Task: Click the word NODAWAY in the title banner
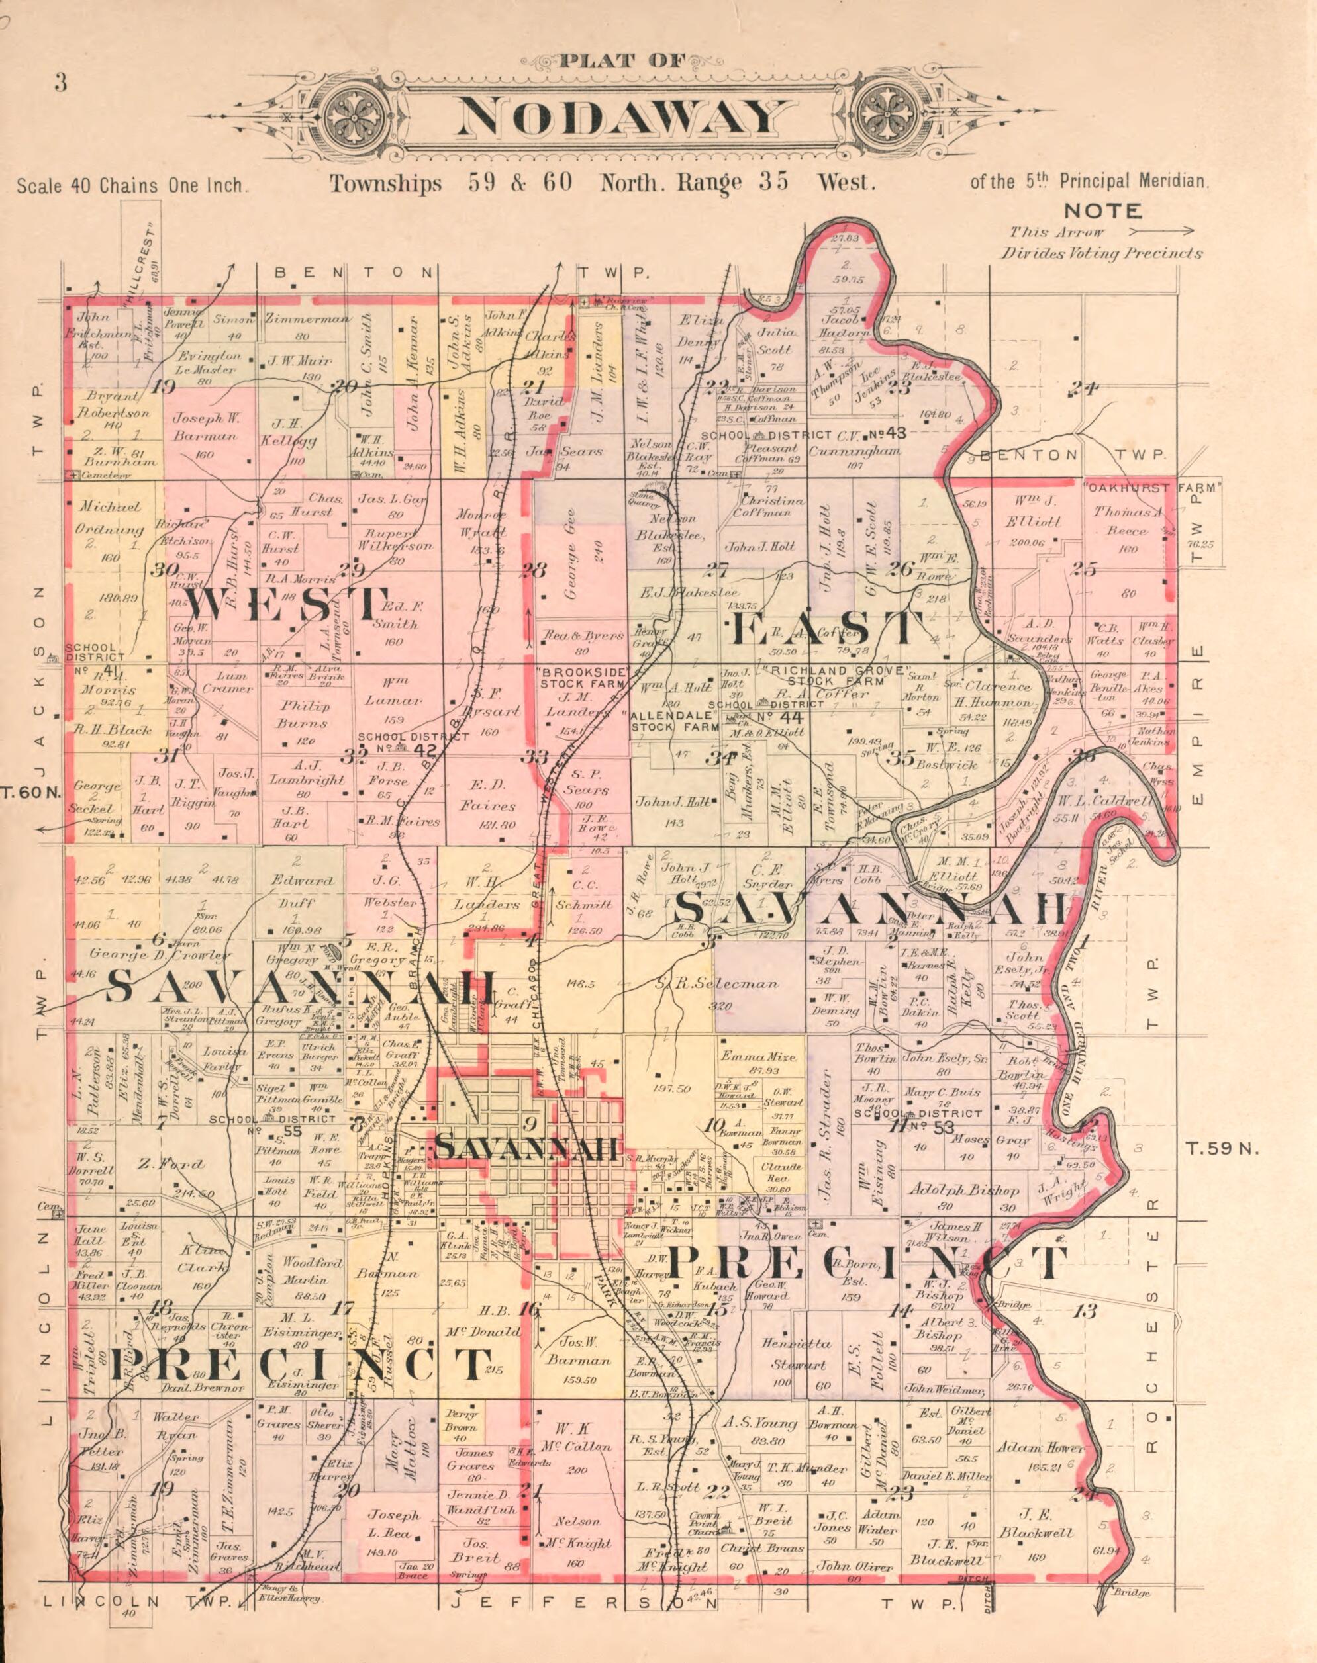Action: [x=617, y=118]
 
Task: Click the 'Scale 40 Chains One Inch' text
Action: [x=131, y=186]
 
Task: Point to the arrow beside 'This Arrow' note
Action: [x=1161, y=230]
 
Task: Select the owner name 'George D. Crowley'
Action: [x=160, y=954]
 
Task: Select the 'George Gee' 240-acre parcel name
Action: [x=571, y=570]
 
